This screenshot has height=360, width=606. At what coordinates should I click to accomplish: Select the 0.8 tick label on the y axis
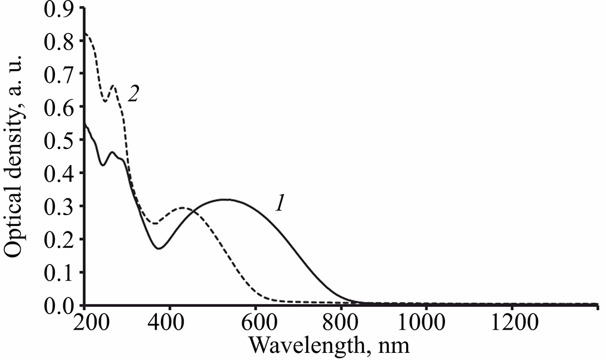click(60, 41)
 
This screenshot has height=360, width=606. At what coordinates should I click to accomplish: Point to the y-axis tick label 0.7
click(60, 75)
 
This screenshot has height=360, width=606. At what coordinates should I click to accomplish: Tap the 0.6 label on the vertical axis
click(60, 107)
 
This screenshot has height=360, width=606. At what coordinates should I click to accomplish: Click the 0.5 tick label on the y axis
click(60, 141)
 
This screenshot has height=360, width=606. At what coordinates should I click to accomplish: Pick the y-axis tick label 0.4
click(60, 173)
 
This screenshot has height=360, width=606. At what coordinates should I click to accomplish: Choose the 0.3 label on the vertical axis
click(60, 207)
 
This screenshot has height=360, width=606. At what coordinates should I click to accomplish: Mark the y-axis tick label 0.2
click(60, 240)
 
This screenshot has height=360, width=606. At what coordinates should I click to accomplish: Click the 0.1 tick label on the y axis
click(60, 273)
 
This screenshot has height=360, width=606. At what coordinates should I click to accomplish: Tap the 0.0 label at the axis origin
click(60, 306)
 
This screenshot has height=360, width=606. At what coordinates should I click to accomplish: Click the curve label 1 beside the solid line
click(279, 204)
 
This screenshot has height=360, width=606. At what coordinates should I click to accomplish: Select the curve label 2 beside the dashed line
click(134, 95)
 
